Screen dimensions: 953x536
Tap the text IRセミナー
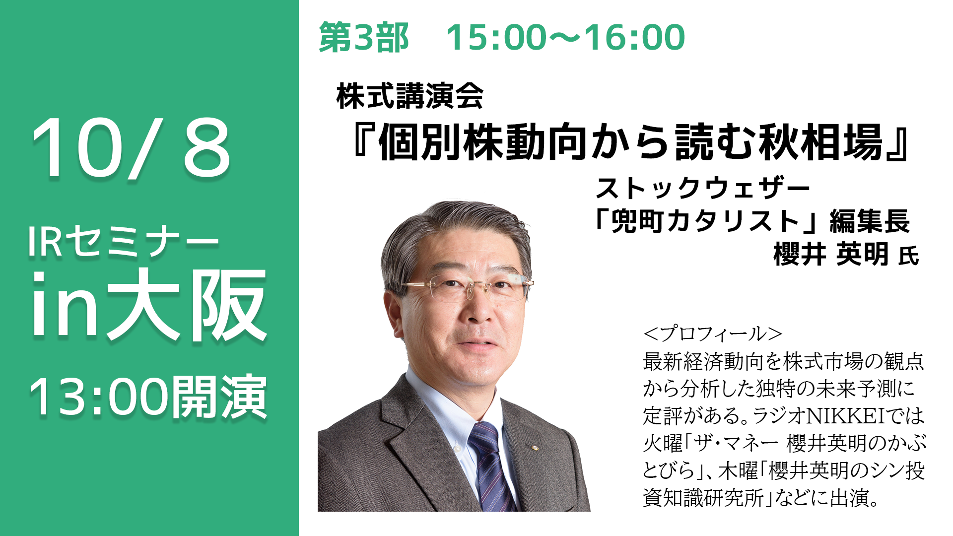(x=123, y=241)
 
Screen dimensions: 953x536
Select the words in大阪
(x=149, y=305)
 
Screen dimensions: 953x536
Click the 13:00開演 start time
(x=148, y=397)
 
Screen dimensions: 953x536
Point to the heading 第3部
(x=363, y=38)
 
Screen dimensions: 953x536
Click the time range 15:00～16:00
(x=565, y=38)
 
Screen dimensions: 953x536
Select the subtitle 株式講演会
(x=409, y=96)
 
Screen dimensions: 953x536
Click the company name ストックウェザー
(x=703, y=188)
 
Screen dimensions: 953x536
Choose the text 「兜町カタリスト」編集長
(x=752, y=221)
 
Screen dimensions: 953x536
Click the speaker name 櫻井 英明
(x=831, y=255)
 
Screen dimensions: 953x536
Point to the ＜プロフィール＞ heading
(x=713, y=334)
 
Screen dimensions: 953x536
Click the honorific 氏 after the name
(x=909, y=257)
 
